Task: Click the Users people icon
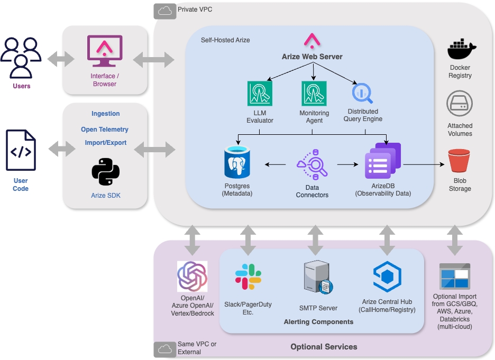point(21,58)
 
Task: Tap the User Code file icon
point(21,151)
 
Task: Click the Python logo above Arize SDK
point(105,171)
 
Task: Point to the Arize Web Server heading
point(312,57)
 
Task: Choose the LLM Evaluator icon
point(260,94)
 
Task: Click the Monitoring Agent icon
point(314,94)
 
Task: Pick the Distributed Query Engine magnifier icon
point(362,94)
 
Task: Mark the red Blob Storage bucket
point(459,161)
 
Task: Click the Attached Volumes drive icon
point(460,104)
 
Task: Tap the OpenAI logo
point(192,276)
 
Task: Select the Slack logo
point(248,276)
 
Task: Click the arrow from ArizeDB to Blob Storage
point(424,164)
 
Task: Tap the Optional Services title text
point(324,347)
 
